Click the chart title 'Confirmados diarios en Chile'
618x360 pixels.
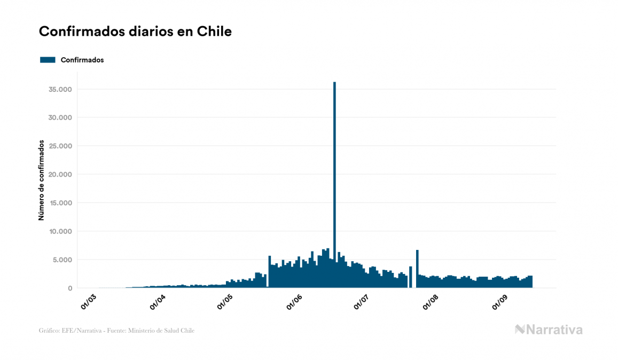click(x=135, y=32)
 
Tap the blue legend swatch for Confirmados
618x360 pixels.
click(x=48, y=60)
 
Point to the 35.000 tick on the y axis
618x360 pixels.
click(x=60, y=89)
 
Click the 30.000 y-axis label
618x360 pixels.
click(x=60, y=118)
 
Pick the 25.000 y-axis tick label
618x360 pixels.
click(x=60, y=146)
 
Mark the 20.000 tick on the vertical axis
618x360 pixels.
click(x=60, y=175)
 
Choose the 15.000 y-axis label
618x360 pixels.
click(x=60, y=203)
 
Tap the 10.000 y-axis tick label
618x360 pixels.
click(x=60, y=231)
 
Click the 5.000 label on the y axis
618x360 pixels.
click(x=62, y=260)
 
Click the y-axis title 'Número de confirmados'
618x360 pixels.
click(x=41, y=180)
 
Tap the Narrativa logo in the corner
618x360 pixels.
click(x=549, y=330)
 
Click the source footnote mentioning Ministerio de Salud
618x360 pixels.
click(x=116, y=331)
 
